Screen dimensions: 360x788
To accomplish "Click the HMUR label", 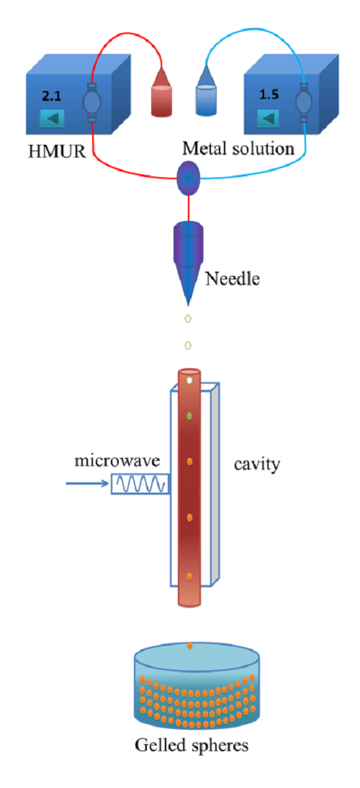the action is click(x=56, y=149).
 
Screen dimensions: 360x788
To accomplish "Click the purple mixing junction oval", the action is click(x=188, y=178).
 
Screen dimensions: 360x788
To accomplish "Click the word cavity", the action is click(x=256, y=463).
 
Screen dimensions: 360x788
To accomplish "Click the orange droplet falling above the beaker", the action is click(x=189, y=645).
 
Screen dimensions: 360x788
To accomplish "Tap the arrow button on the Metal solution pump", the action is click(x=269, y=118).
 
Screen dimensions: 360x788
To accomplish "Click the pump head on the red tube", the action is click(x=92, y=102).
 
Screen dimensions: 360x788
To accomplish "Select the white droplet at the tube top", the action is click(x=189, y=381).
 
